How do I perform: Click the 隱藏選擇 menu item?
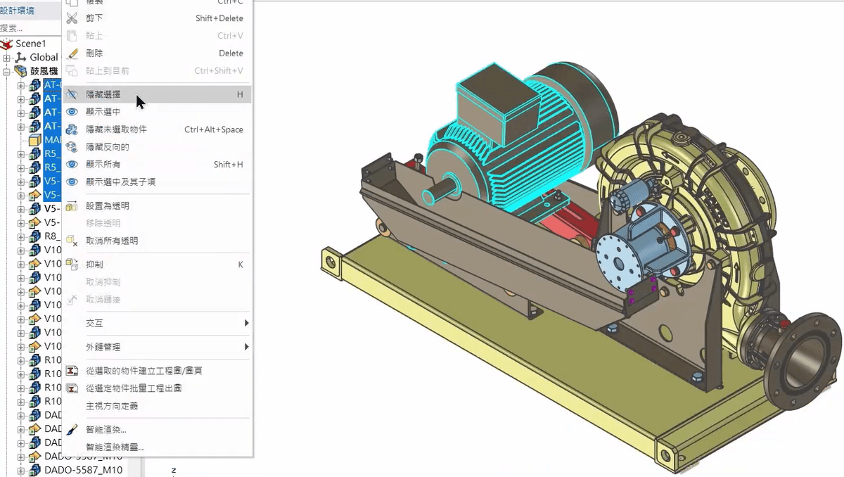point(103,94)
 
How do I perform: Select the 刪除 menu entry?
point(94,53)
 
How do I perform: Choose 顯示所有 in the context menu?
point(103,164)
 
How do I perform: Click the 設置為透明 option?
point(107,205)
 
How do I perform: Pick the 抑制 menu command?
point(94,265)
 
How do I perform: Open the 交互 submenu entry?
point(94,323)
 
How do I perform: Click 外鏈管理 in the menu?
point(103,347)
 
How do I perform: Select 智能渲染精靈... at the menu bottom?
point(115,447)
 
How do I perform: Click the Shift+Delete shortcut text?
point(219,18)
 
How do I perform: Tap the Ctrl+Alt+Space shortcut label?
point(213,129)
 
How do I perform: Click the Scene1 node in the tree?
point(30,44)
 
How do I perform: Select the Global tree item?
point(44,57)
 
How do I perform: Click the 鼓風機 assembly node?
point(44,71)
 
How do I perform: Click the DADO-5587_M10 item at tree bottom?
point(83,470)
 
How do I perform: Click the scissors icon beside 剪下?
point(72,18)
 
